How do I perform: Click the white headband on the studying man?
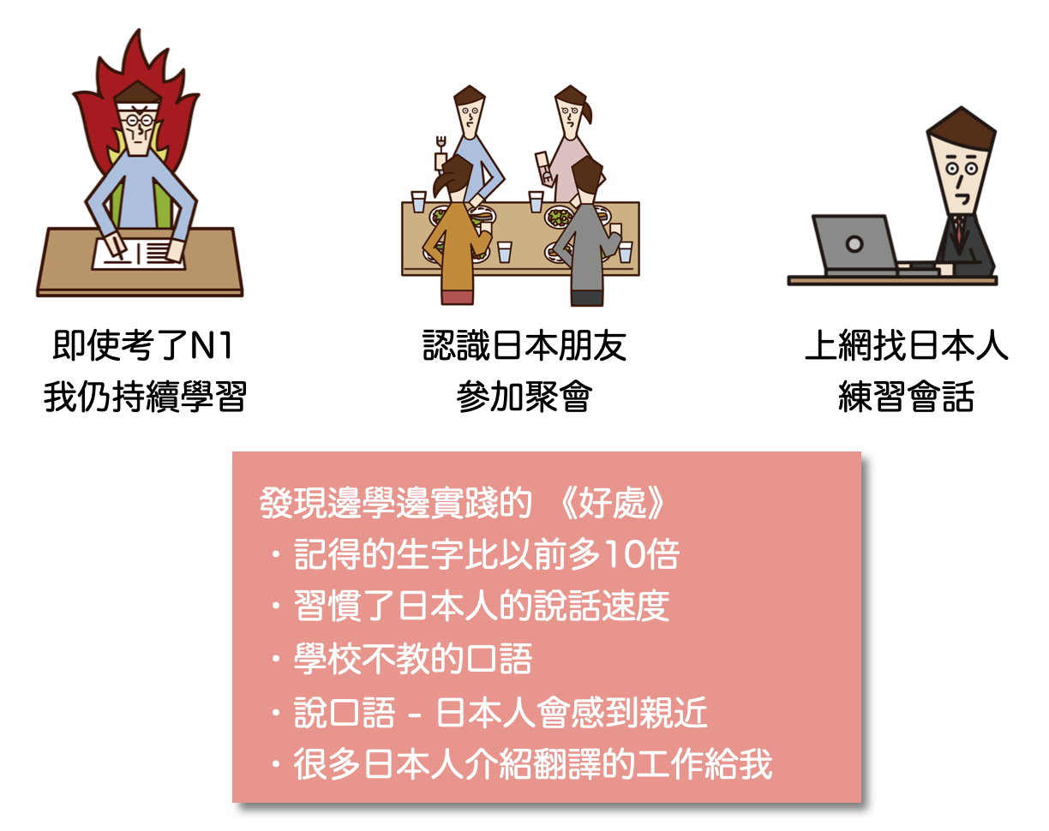click(x=139, y=107)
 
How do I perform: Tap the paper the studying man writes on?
click(x=140, y=254)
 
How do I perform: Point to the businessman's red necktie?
click(x=959, y=229)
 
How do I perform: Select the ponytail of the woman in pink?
click(x=587, y=112)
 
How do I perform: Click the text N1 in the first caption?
click(x=211, y=345)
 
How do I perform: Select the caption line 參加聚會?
click(x=524, y=397)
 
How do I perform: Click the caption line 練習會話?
click(x=906, y=397)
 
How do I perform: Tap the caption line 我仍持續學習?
click(x=145, y=397)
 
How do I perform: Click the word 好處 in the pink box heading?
click(x=612, y=503)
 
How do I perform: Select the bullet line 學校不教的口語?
click(x=412, y=659)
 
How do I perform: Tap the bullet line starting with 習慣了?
click(x=481, y=606)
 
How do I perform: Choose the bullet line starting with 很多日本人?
click(x=533, y=763)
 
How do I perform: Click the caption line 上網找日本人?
click(x=906, y=345)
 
